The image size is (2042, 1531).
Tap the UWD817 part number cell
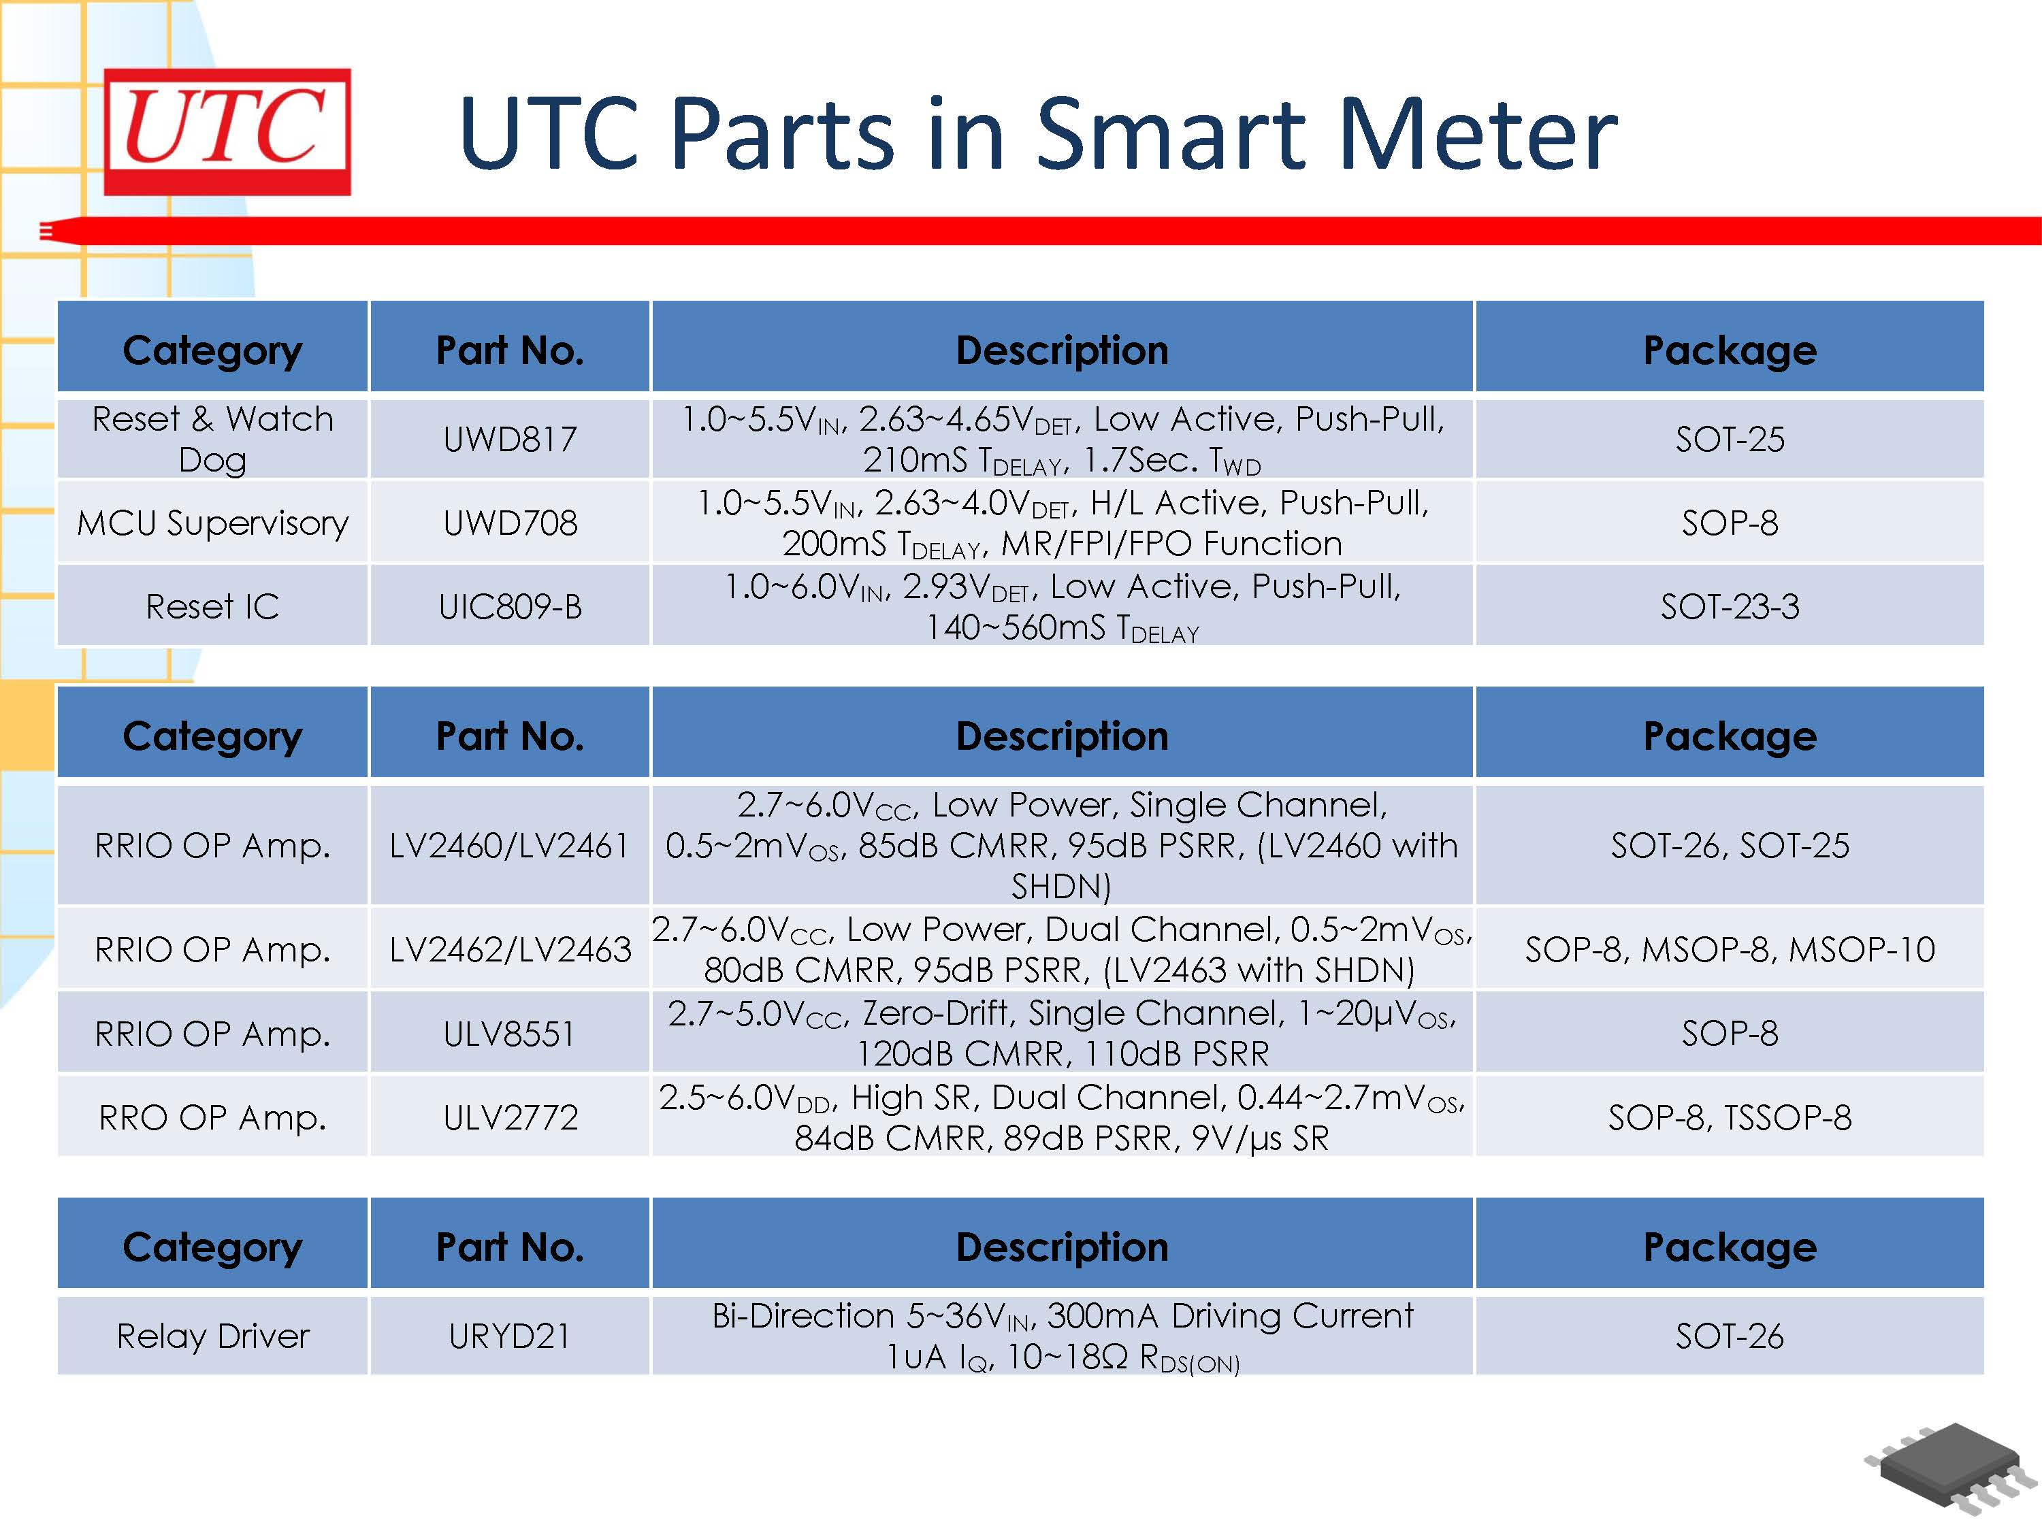tap(510, 440)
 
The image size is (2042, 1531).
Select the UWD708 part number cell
tap(510, 523)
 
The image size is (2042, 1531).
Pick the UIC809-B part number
tap(510, 606)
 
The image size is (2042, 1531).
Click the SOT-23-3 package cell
tap(1729, 606)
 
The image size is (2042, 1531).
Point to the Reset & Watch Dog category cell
tap(212, 440)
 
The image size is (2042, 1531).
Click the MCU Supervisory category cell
tap(212, 523)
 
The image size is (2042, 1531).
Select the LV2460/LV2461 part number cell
tap(510, 845)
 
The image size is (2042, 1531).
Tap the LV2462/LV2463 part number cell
tap(510, 950)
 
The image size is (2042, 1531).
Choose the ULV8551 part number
tap(510, 1034)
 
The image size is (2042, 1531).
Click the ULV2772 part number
tap(510, 1117)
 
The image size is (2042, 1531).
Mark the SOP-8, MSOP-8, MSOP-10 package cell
tap(1729, 950)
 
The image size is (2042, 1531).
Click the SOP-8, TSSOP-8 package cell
tap(1729, 1117)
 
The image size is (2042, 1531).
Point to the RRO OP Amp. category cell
tap(212, 1117)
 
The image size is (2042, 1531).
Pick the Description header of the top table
tap(1062, 350)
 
